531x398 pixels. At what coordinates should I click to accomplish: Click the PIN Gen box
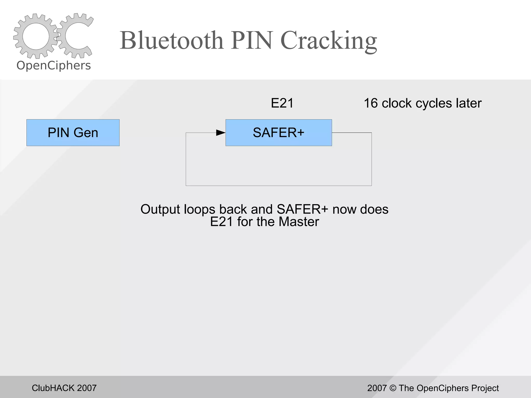[x=73, y=133]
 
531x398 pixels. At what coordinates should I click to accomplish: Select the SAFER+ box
[x=278, y=133]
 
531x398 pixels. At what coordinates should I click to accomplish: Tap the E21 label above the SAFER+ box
[x=282, y=103]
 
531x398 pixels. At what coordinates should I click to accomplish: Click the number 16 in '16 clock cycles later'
[x=371, y=103]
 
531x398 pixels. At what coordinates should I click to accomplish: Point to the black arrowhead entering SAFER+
[x=220, y=133]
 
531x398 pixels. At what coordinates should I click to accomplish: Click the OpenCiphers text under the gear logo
[x=54, y=66]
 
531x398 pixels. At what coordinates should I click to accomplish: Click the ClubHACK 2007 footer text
[x=64, y=388]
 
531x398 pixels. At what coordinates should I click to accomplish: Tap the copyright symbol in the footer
[x=393, y=388]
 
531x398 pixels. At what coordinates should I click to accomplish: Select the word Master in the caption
[x=299, y=222]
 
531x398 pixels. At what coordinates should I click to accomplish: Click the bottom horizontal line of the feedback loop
[x=279, y=186]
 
